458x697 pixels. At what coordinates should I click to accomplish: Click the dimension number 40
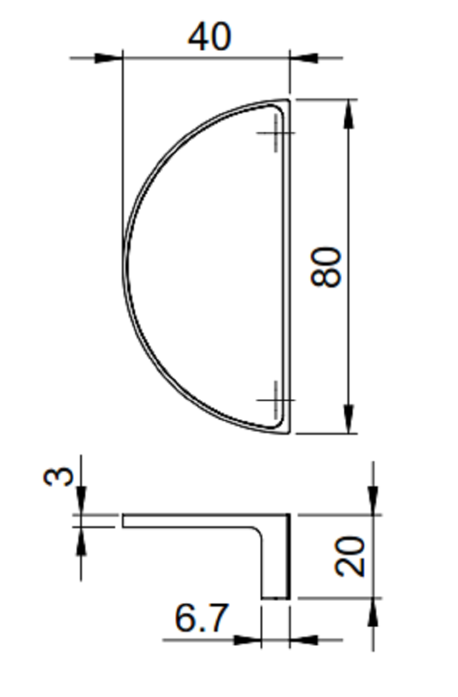pyautogui.click(x=210, y=37)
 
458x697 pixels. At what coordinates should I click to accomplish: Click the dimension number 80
pyautogui.click(x=326, y=267)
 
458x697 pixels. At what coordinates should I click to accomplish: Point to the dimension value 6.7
pyautogui.click(x=202, y=617)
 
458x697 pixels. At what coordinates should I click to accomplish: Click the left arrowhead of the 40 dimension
pyautogui.click(x=108, y=58)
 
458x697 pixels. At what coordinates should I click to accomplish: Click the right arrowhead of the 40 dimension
pyautogui.click(x=304, y=58)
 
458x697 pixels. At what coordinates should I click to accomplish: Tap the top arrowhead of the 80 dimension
pyautogui.click(x=349, y=113)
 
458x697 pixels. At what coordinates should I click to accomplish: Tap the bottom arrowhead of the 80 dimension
pyautogui.click(x=349, y=419)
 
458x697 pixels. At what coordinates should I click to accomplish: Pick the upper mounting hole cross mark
pyautogui.click(x=276, y=133)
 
